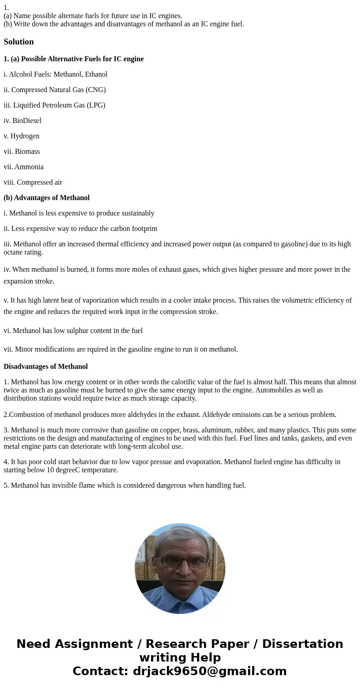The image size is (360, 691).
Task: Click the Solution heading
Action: click(x=19, y=42)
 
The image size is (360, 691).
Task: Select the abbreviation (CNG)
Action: click(x=95, y=90)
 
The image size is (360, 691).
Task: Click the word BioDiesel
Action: click(x=27, y=121)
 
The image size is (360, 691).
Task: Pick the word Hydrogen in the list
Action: click(x=25, y=136)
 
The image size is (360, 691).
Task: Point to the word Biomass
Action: click(x=27, y=152)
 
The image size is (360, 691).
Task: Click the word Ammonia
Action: click(x=29, y=167)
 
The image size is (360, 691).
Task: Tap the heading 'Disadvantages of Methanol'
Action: click(x=46, y=367)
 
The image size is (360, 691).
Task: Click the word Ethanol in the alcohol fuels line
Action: click(x=96, y=74)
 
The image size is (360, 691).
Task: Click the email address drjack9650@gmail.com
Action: click(x=209, y=671)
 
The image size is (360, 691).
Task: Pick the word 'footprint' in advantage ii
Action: click(x=142, y=229)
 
